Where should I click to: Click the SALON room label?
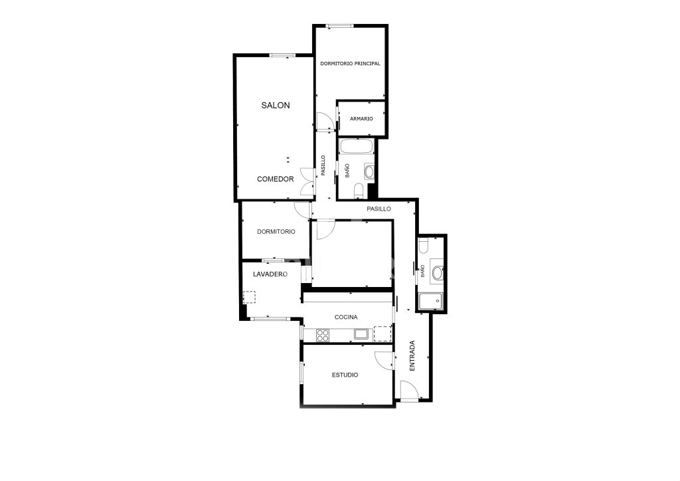click(x=276, y=106)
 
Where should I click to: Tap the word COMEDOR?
click(x=276, y=179)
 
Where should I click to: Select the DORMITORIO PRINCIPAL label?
click(x=350, y=63)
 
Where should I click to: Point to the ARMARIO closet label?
click(x=361, y=119)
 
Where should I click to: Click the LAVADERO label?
click(x=270, y=274)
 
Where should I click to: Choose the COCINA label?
click(x=346, y=317)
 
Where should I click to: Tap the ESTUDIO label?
click(x=345, y=375)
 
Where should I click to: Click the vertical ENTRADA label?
click(x=412, y=355)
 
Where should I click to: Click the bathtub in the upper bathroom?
click(x=357, y=146)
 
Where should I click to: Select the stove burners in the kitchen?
click(x=323, y=335)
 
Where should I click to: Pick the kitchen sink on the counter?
click(x=361, y=334)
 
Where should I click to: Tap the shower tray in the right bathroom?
click(x=430, y=300)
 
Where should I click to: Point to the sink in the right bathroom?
click(x=437, y=272)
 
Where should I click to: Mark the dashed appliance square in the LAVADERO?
click(x=250, y=297)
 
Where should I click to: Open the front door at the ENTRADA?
click(x=409, y=390)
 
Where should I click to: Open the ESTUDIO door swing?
click(x=384, y=361)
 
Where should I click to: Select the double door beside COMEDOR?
click(x=307, y=181)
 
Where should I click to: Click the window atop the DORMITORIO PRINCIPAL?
click(x=339, y=26)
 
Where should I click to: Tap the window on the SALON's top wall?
click(x=282, y=55)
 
